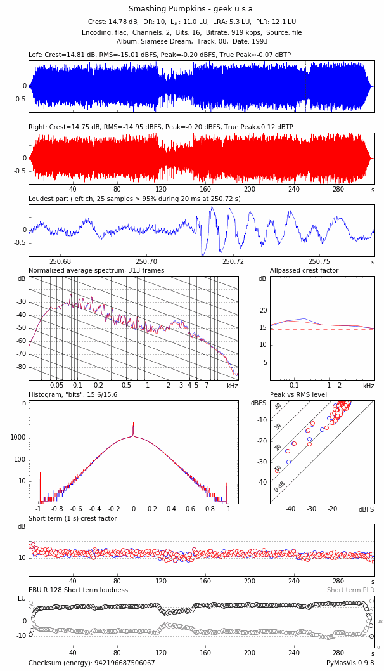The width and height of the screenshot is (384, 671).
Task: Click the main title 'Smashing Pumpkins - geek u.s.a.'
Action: (191, 9)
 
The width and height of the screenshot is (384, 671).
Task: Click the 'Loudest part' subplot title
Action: (134, 199)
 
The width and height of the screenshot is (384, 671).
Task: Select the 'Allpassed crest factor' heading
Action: (304, 271)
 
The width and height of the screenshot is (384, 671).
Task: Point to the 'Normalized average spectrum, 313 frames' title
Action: (96, 271)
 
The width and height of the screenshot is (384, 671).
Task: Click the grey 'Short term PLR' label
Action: (350, 590)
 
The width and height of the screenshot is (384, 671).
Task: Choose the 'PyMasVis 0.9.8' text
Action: (350, 663)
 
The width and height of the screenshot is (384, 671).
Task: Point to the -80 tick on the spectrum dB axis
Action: (22, 367)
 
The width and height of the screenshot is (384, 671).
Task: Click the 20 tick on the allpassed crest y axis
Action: (263, 311)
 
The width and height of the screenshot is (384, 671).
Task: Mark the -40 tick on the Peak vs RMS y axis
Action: (261, 482)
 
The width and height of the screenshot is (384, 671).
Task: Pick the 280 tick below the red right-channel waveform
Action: (338, 189)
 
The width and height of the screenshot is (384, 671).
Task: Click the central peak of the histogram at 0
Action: (133, 424)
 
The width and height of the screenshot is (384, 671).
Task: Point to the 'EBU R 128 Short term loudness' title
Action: (78, 590)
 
